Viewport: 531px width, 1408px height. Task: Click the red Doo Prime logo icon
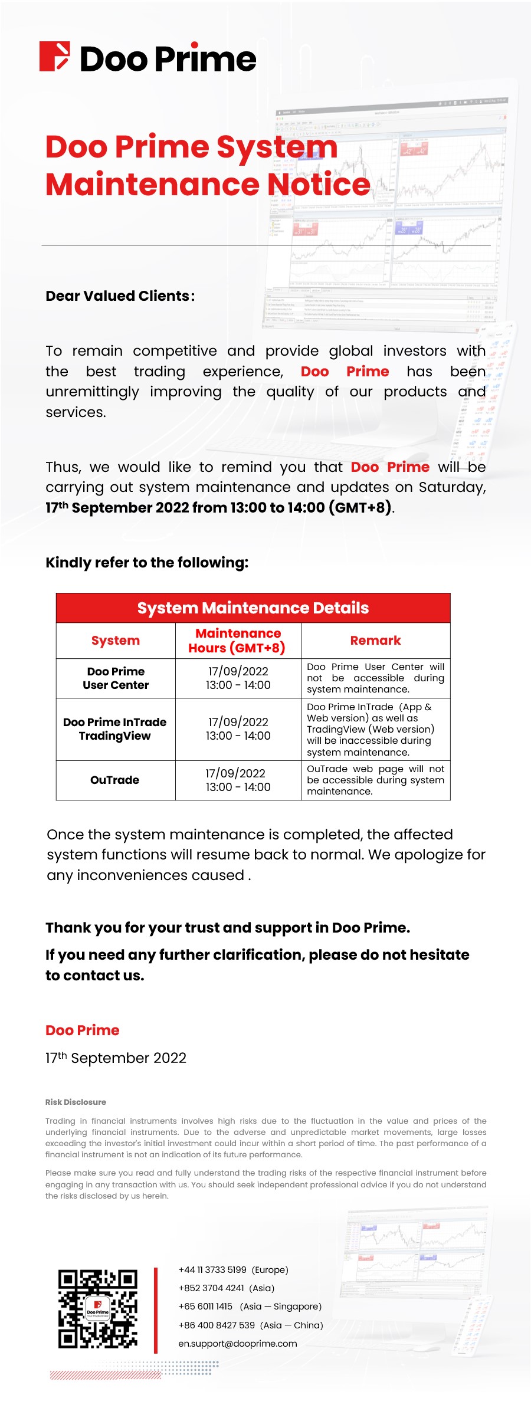coord(55,57)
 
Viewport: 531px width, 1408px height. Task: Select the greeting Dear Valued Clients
coord(120,296)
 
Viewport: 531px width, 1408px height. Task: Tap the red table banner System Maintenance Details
coord(253,608)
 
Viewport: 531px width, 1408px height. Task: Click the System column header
coord(116,641)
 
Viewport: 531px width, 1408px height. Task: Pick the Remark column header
coord(375,641)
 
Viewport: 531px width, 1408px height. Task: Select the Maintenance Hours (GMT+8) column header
coord(238,641)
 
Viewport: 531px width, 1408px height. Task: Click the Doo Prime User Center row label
coord(116,678)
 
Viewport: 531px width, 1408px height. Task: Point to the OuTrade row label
coord(115,780)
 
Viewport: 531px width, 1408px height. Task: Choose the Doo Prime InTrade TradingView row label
coord(115,729)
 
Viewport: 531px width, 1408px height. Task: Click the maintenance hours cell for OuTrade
coord(238,780)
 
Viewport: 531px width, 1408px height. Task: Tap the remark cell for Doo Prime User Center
coord(375,678)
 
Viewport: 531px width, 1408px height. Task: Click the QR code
coord(98,1308)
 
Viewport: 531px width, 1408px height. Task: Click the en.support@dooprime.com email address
coord(238,1343)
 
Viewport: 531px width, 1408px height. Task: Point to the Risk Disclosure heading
coord(76,1102)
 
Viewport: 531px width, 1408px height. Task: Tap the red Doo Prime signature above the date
coord(83,1030)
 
